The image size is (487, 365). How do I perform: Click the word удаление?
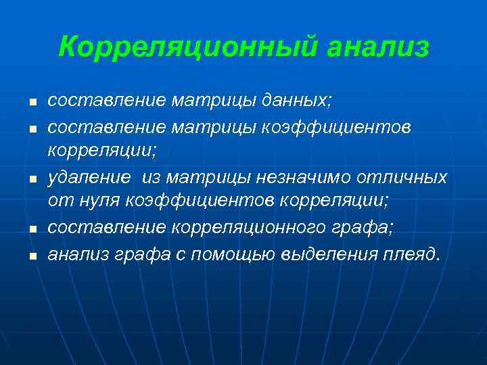coord(89,177)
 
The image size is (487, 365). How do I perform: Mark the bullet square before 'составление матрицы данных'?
coord(31,103)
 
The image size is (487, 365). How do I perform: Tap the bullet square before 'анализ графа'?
coord(31,255)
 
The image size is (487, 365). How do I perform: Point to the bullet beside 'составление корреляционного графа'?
coord(31,230)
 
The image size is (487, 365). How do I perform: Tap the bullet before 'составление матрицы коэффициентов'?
coord(31,128)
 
